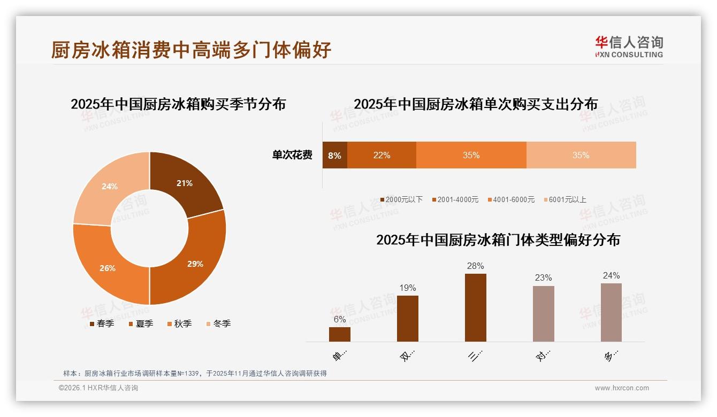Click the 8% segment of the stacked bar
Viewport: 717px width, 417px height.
pyautogui.click(x=334, y=156)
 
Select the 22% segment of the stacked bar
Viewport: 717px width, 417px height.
pyautogui.click(x=382, y=156)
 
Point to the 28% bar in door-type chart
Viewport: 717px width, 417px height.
pyautogui.click(x=475, y=307)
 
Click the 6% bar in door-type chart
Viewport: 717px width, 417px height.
pyautogui.click(x=339, y=334)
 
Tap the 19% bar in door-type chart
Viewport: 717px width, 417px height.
pyautogui.click(x=407, y=318)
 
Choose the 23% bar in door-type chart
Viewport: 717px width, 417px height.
pyautogui.click(x=543, y=313)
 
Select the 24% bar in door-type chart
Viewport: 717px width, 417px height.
pyautogui.click(x=611, y=312)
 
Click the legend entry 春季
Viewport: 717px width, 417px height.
pyautogui.click(x=102, y=323)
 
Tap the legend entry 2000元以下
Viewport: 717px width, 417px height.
pyautogui.click(x=401, y=199)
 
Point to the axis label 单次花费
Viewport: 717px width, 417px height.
pyautogui.click(x=292, y=156)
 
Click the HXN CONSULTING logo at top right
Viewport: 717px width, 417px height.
pyautogui.click(x=629, y=47)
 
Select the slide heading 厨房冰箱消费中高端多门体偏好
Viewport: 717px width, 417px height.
pyautogui.click(x=191, y=50)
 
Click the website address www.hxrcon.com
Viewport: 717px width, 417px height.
pyautogui.click(x=622, y=388)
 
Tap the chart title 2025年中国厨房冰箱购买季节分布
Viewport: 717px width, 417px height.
pyautogui.click(x=178, y=104)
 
